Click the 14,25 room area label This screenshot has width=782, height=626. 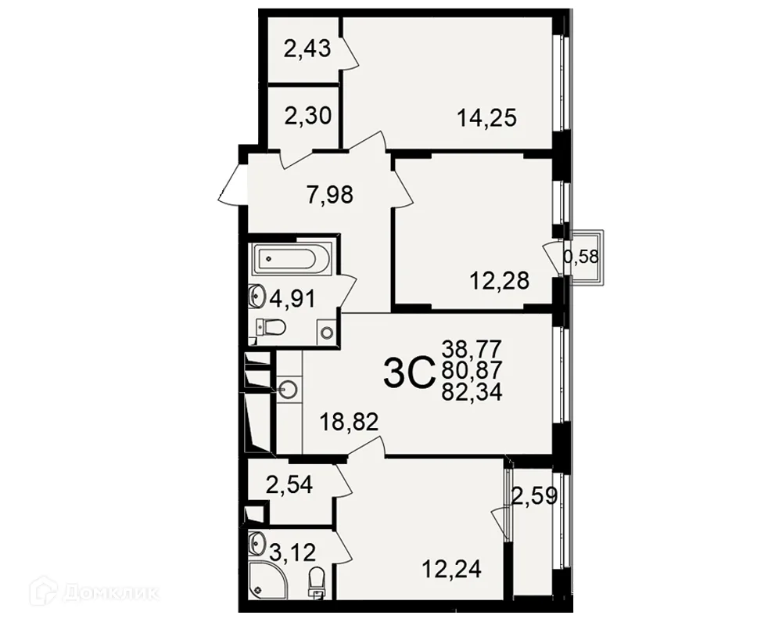click(x=486, y=118)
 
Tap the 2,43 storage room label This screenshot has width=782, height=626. click(x=307, y=49)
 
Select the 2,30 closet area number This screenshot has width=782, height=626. click(x=307, y=117)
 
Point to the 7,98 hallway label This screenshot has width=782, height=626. click(x=330, y=194)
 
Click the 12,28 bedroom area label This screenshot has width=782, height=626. click(x=499, y=281)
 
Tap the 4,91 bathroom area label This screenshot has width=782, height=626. click(x=292, y=300)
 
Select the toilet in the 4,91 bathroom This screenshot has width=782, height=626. click(x=271, y=328)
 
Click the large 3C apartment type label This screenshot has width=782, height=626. click(x=407, y=375)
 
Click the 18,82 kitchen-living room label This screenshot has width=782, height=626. click(x=349, y=423)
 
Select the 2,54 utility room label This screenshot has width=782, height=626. click(x=289, y=484)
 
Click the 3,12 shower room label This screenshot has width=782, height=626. click(x=292, y=552)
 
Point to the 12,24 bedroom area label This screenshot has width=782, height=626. click(x=451, y=569)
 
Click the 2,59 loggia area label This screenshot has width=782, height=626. click(x=535, y=497)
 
